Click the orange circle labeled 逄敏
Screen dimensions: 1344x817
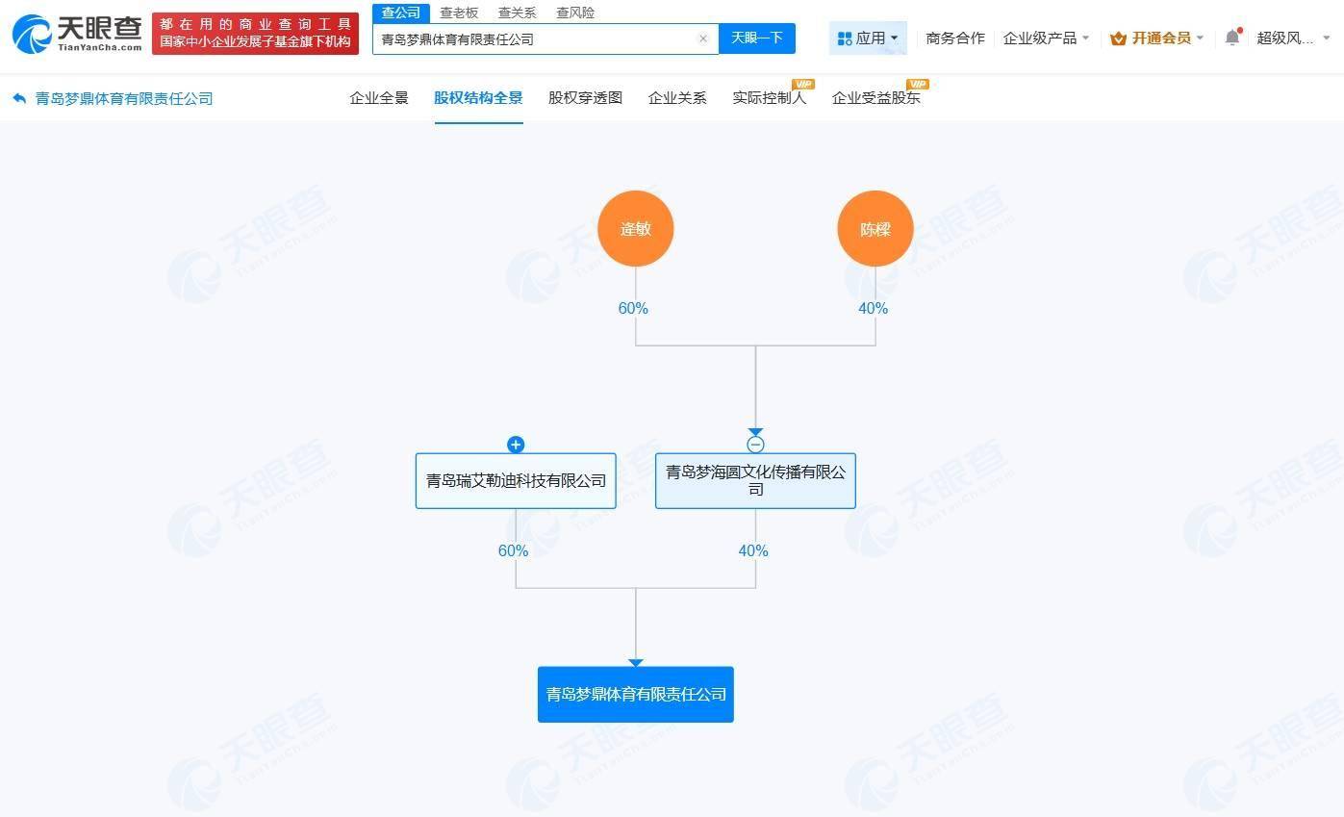(635, 229)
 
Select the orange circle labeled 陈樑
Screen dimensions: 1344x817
(875, 229)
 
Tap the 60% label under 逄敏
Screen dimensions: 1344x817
(633, 309)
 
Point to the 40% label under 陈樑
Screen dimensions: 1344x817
(873, 309)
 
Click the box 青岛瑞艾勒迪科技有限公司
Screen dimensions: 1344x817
(516, 481)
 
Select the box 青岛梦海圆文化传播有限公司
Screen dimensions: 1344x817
(755, 481)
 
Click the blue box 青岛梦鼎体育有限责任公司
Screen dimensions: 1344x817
(635, 695)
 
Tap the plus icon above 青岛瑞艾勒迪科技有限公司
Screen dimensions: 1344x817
(516, 445)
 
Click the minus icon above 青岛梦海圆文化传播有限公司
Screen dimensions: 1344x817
(755, 445)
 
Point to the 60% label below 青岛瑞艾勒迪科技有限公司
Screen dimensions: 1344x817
(513, 551)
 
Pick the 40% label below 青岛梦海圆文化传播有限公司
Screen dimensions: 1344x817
(753, 551)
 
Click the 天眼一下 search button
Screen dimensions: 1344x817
(757, 38)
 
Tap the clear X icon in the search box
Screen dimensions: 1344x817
(703, 39)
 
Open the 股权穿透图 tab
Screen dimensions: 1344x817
(585, 98)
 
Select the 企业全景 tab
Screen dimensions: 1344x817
(379, 98)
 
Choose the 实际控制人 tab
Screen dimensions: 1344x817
(770, 98)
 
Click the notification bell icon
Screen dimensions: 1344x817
(1232, 38)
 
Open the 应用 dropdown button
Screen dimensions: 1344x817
(868, 38)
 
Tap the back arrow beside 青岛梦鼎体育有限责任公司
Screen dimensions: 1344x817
(19, 98)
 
